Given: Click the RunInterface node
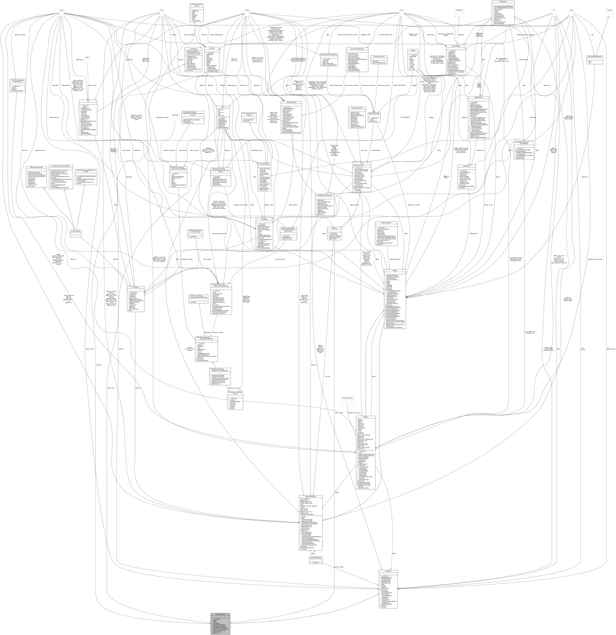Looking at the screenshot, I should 459,10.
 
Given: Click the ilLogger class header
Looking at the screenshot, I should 413,50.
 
